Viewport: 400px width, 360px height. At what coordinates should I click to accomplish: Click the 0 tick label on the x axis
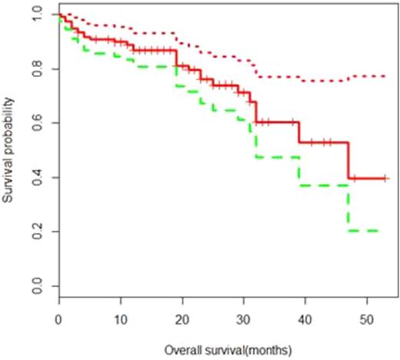(58, 319)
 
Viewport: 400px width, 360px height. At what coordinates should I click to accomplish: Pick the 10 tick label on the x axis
(121, 319)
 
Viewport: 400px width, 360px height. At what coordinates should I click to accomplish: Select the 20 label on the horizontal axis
(183, 319)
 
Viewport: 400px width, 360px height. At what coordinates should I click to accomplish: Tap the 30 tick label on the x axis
(245, 319)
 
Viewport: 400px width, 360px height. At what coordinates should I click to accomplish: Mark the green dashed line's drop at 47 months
(349, 208)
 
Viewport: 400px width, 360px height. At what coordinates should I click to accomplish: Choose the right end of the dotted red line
(386, 76)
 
